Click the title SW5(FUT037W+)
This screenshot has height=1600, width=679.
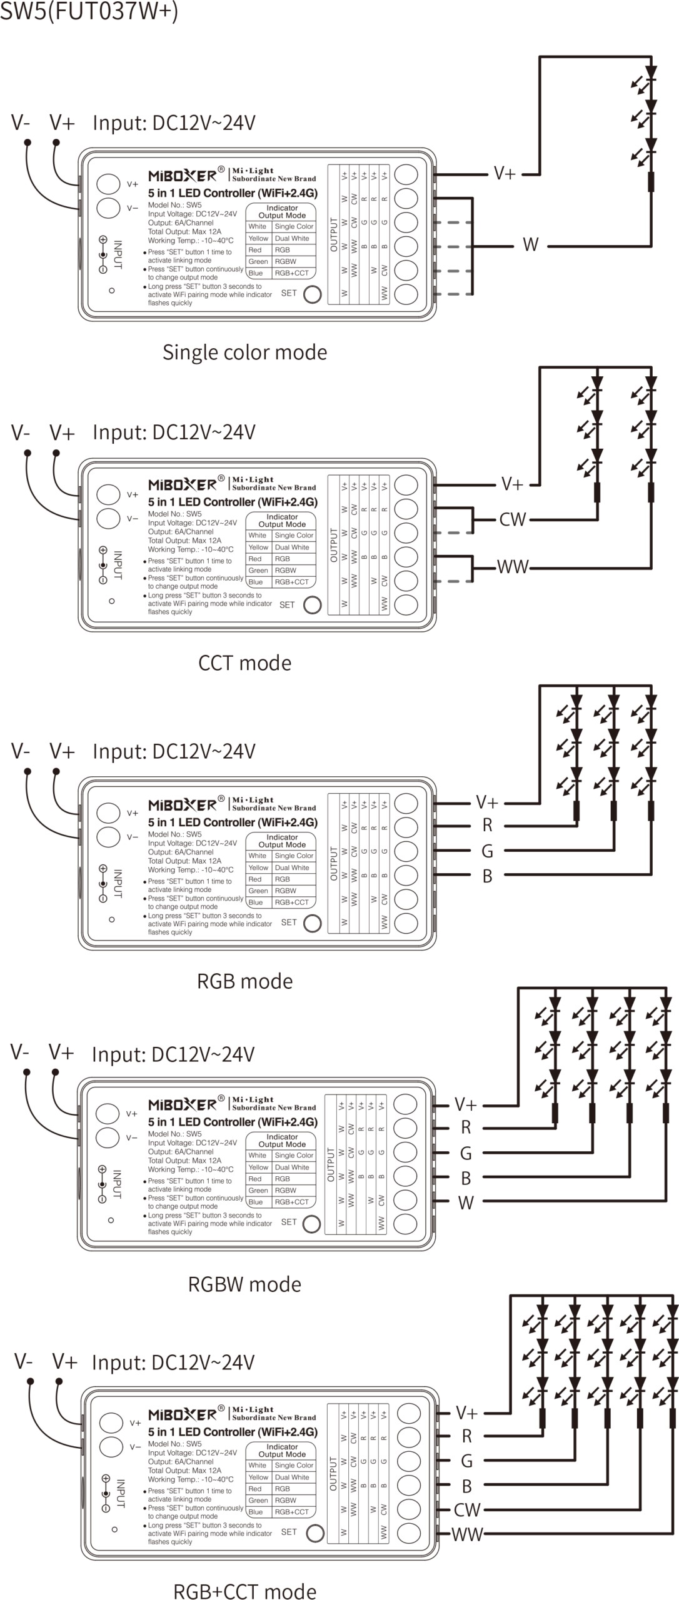click(x=89, y=11)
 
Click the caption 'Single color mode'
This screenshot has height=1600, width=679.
click(x=244, y=352)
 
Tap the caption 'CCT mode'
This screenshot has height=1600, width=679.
click(x=244, y=662)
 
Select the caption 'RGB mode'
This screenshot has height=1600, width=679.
click(x=244, y=981)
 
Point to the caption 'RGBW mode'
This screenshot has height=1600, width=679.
click(x=244, y=1284)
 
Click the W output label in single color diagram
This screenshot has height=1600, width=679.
click(x=530, y=244)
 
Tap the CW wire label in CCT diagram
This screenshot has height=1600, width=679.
click(x=513, y=519)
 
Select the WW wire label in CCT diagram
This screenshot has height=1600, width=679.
click(x=513, y=567)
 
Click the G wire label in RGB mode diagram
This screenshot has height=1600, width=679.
click(x=487, y=851)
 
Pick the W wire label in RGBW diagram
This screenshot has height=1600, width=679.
click(x=466, y=1202)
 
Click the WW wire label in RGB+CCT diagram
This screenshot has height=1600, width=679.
click(x=467, y=1533)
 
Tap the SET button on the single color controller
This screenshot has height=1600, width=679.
click(x=312, y=294)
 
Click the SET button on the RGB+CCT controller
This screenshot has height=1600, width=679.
click(x=314, y=1532)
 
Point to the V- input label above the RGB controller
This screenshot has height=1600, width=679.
click(x=20, y=751)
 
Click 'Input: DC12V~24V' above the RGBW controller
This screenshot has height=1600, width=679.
click(x=173, y=1054)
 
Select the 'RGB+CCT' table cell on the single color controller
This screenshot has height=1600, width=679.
click(x=292, y=273)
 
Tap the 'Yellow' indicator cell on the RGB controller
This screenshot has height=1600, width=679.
click(x=258, y=867)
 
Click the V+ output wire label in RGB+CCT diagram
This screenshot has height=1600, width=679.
click(x=467, y=1413)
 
